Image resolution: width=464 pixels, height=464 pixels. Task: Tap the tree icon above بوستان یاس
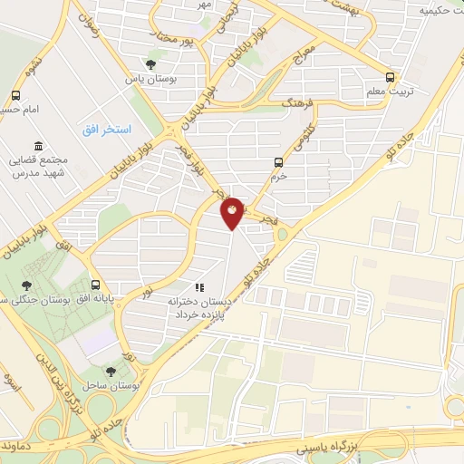point(150,63)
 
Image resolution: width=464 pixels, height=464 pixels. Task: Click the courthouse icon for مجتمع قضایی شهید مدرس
point(37,146)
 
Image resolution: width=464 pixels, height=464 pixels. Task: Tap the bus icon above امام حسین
point(16,95)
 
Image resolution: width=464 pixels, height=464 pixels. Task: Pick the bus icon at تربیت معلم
point(390,77)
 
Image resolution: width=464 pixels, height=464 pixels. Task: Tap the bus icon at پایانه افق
point(95,282)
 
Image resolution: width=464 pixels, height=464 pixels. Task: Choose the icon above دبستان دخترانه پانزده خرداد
point(199,287)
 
